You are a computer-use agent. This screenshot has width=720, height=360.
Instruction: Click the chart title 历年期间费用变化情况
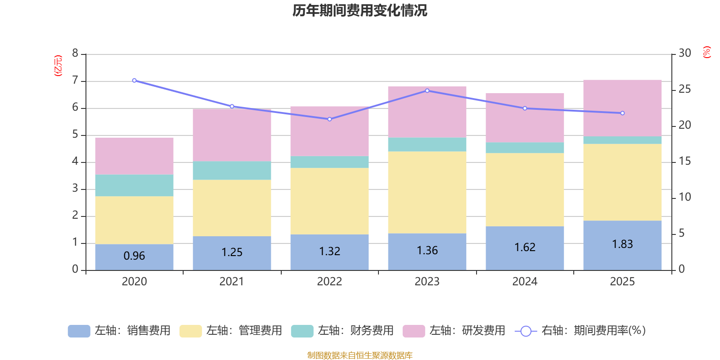tap(360, 10)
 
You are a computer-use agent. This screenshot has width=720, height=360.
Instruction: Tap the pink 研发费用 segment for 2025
tap(622, 108)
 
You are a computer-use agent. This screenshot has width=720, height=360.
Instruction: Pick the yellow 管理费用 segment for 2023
tap(427, 192)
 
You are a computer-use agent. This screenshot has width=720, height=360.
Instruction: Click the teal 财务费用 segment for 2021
tap(232, 171)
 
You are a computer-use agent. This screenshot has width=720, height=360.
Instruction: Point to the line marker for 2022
tap(329, 119)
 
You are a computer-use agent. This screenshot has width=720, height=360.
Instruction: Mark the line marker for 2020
tap(134, 81)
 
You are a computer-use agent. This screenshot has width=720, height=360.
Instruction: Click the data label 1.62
tap(525, 247)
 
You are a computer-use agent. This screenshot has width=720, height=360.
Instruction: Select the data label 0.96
tap(134, 256)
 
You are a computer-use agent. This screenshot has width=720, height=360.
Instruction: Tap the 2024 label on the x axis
tap(525, 282)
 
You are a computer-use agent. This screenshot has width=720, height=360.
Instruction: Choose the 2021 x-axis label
tap(232, 282)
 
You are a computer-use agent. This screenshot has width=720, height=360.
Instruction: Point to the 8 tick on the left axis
tap(75, 54)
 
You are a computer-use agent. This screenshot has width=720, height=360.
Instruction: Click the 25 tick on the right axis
tap(684, 89)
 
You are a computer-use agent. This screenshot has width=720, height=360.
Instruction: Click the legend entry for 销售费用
tap(120, 331)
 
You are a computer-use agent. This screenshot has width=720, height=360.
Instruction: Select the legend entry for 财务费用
tap(342, 331)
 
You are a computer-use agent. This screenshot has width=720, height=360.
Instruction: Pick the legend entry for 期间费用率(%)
tap(580, 331)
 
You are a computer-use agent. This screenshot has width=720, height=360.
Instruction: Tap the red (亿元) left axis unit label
tap(58, 66)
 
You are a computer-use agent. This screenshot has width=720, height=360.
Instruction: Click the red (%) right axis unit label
tap(707, 52)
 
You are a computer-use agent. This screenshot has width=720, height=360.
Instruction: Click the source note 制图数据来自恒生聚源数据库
tap(360, 355)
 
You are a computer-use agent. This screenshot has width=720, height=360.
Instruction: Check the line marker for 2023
tap(427, 90)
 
